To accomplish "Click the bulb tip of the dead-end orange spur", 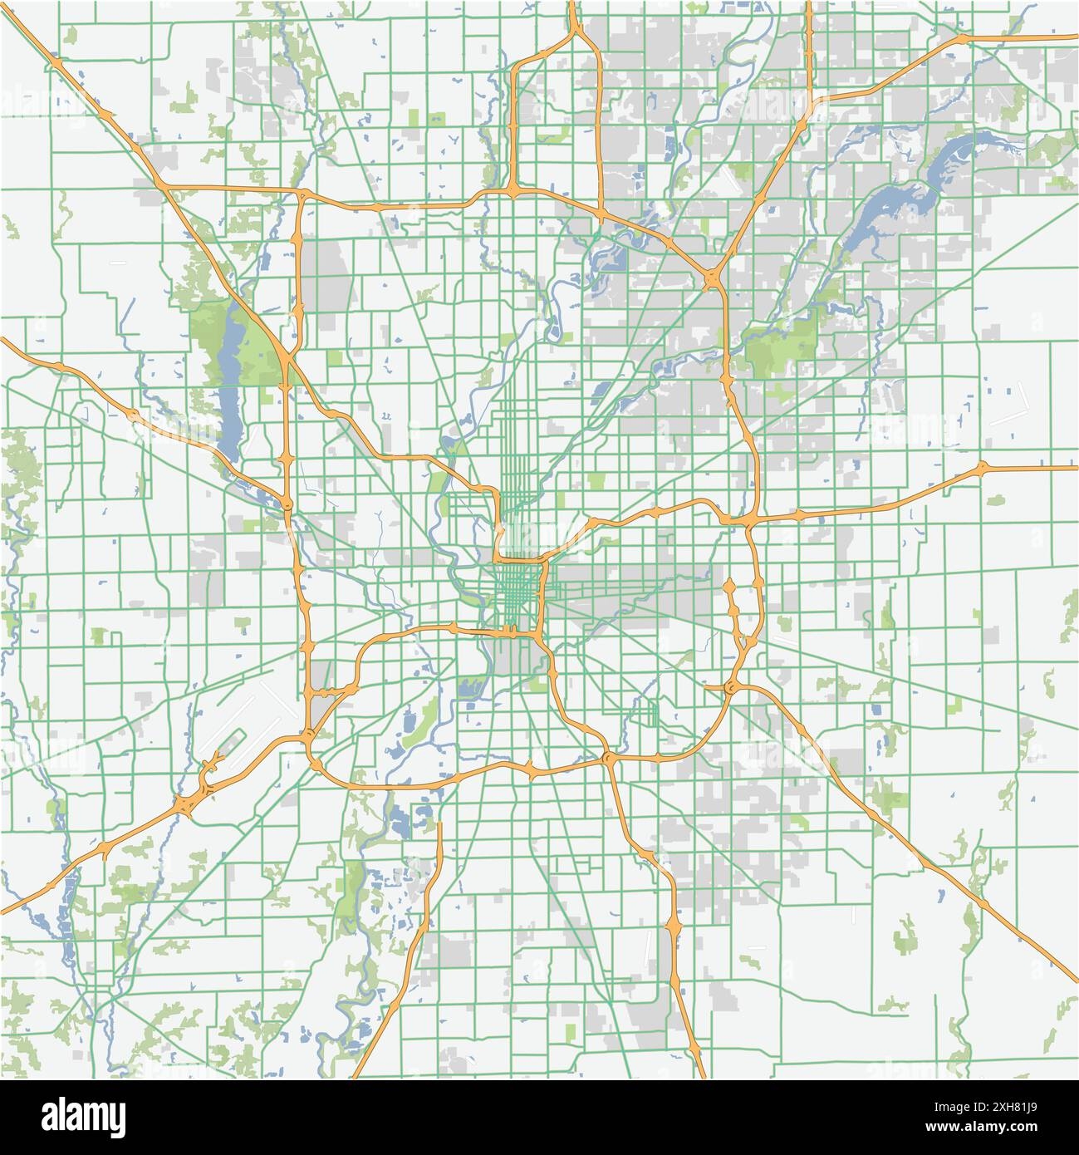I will (x=729, y=587).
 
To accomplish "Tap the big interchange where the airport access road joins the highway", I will (x=191, y=803).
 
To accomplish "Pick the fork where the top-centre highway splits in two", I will (x=574, y=33).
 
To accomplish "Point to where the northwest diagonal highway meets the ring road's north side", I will (x=302, y=194).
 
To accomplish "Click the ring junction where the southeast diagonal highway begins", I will (x=731, y=687).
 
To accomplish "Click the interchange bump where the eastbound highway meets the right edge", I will (x=983, y=467).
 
